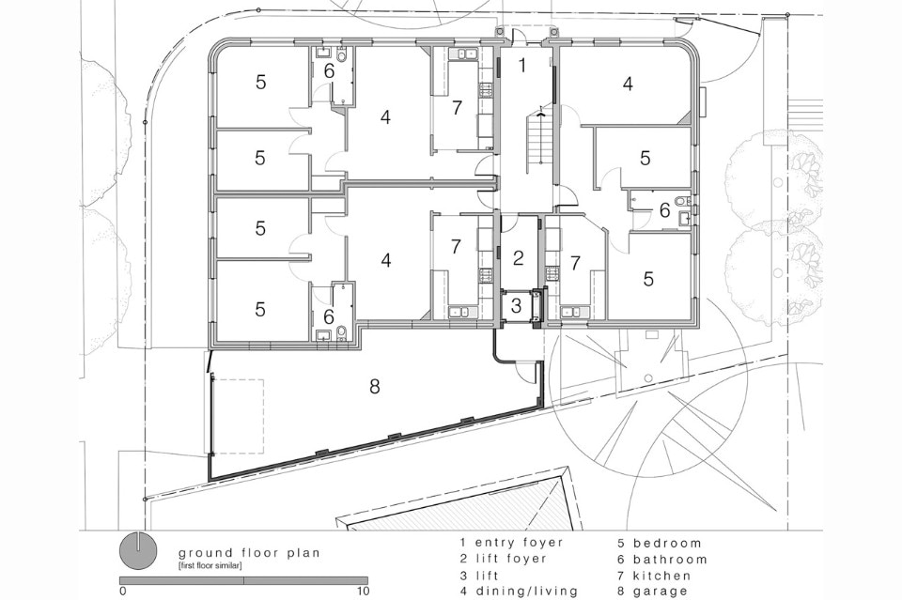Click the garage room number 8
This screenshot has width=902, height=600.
click(374, 387)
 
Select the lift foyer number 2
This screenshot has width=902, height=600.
click(518, 258)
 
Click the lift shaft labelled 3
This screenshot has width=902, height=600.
click(517, 305)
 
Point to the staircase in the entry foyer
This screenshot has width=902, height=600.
click(538, 139)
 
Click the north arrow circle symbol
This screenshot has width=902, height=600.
click(137, 548)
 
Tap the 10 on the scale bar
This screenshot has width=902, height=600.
click(363, 592)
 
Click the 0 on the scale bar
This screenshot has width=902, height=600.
click(123, 592)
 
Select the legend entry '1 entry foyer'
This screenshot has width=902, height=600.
click(510, 543)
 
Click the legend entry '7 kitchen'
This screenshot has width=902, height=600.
click(661, 575)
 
